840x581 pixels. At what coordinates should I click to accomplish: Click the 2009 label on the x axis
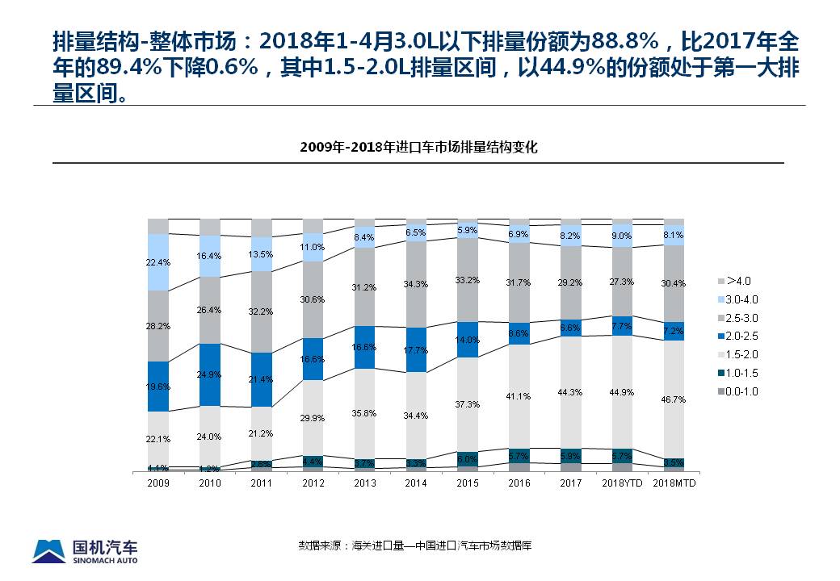pos(158,483)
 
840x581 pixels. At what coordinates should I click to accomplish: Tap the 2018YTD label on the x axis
pos(622,483)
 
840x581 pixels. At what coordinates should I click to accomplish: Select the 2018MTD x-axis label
pos(674,483)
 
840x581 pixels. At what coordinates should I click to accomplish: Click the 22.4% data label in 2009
pos(158,262)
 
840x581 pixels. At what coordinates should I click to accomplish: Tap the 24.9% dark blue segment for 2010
pos(210,374)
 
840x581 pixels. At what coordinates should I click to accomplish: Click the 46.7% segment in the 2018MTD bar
pos(674,399)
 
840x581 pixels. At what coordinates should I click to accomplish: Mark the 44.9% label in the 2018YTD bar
pos(622,392)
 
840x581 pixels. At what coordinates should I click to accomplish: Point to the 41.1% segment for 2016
pos(519,396)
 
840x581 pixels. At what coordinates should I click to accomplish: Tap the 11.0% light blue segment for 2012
pos(313,247)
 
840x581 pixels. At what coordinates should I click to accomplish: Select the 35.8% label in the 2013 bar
pos(364,412)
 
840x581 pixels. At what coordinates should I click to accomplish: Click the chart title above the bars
pos(418,147)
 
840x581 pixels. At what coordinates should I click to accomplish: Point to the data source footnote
pos(415,546)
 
